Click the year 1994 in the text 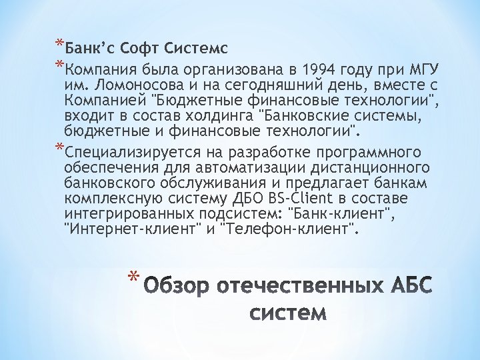coord(319,70)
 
